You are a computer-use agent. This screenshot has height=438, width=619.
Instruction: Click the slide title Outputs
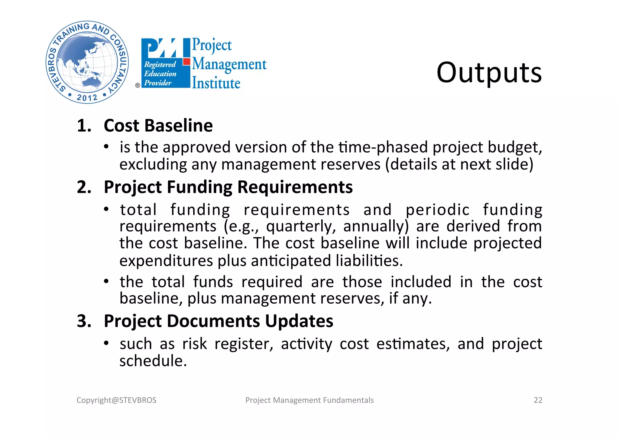coord(489,73)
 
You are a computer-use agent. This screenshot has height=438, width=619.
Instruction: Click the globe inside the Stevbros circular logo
coord(87,63)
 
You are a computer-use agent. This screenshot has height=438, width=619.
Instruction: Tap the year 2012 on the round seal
coord(87,97)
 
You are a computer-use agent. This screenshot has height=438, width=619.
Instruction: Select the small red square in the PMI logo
coord(187,62)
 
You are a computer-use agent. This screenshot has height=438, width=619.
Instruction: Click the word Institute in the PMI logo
coord(216,83)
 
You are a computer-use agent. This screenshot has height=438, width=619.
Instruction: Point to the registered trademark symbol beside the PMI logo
coord(138,85)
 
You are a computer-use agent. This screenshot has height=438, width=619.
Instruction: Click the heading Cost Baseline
coord(158,126)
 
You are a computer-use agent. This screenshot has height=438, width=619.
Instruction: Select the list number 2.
coord(84,187)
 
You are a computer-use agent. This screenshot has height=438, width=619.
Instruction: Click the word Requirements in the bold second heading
coord(295,187)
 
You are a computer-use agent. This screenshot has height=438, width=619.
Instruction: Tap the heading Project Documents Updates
coord(218,321)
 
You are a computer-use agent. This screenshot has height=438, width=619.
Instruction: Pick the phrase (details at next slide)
coord(459,165)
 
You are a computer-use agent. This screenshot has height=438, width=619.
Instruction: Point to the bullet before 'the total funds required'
coord(106,282)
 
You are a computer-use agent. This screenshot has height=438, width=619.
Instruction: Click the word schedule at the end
coord(153,361)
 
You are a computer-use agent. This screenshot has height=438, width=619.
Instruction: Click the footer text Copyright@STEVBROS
coord(116,400)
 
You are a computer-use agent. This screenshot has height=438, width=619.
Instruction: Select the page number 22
coord(538,400)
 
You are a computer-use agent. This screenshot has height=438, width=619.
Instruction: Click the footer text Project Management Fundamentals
coord(309,400)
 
